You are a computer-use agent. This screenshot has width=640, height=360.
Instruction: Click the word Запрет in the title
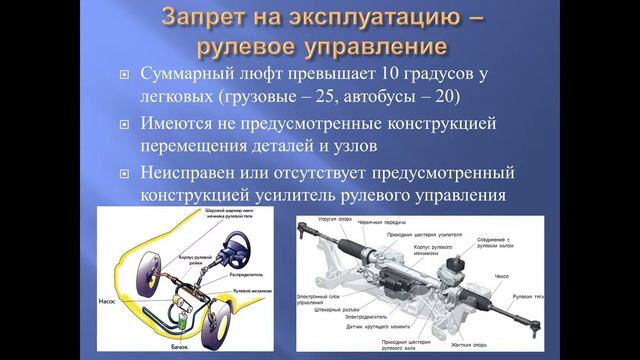(x=208, y=18)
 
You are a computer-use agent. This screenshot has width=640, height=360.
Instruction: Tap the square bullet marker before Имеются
(x=124, y=127)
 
